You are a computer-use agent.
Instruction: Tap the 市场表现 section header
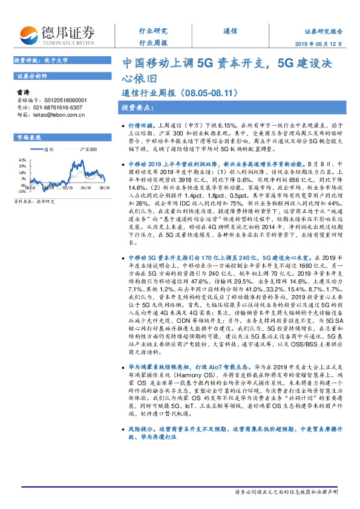point(28,137)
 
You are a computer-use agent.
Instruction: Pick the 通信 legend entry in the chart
point(50,148)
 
